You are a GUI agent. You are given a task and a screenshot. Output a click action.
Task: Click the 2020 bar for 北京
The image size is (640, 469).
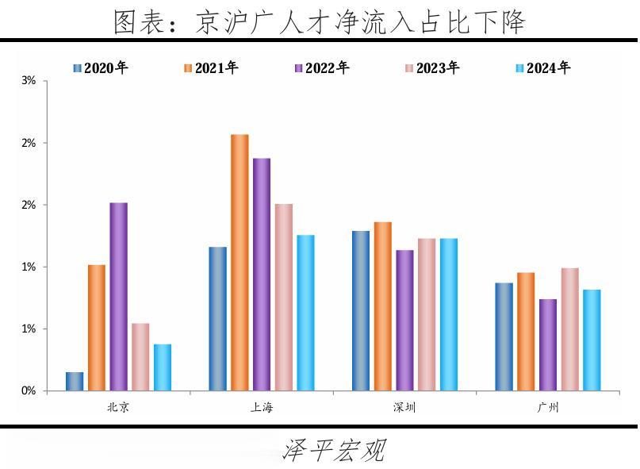click(x=75, y=382)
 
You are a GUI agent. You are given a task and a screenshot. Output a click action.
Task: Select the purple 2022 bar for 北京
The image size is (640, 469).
click(x=118, y=297)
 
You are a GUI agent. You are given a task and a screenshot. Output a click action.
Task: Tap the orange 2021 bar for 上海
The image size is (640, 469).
click(x=240, y=263)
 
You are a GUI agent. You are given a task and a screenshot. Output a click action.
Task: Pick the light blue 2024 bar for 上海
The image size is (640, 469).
click(x=305, y=313)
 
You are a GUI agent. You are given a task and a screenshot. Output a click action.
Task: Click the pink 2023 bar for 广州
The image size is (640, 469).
click(x=569, y=329)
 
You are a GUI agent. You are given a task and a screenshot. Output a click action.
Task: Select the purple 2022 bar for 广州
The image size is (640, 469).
click(x=547, y=344)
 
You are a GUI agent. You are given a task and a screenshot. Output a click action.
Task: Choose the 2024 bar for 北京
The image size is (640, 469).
click(x=163, y=367)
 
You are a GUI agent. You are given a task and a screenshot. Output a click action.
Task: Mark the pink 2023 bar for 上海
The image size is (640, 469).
click(x=283, y=297)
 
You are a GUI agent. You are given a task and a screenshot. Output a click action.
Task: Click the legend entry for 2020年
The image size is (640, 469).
click(x=100, y=68)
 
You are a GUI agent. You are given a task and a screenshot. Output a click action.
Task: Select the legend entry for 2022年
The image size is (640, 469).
click(x=321, y=68)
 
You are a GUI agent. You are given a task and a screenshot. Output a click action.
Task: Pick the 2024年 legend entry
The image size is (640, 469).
click(x=542, y=68)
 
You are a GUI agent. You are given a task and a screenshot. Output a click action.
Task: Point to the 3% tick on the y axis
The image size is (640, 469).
click(x=29, y=81)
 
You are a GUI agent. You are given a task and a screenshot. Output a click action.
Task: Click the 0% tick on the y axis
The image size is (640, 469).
click(x=29, y=391)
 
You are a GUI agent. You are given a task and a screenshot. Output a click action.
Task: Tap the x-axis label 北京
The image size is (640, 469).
click(x=118, y=409)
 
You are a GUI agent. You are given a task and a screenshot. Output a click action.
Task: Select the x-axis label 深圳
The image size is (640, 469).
click(x=404, y=409)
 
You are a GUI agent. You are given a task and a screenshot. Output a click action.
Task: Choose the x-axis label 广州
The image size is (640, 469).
click(x=547, y=409)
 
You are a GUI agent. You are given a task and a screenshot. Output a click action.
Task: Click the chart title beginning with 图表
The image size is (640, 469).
click(x=320, y=21)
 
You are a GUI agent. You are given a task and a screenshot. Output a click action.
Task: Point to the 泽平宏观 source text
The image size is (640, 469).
click(x=334, y=451)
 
